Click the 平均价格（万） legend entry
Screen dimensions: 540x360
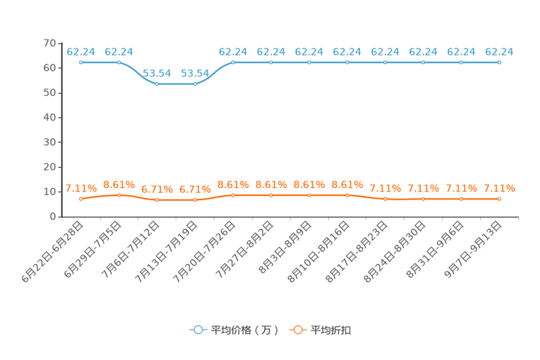click(x=234, y=330)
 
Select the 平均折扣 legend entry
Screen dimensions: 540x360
click(x=320, y=330)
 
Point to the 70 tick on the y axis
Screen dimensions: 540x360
click(x=49, y=43)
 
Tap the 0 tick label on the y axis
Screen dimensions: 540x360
click(x=53, y=216)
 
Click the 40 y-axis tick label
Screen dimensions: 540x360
click(x=49, y=118)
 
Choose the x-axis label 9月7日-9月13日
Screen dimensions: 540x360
click(x=472, y=250)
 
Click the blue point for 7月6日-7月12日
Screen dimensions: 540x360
click(x=157, y=83)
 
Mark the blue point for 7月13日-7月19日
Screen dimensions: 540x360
click(x=195, y=83)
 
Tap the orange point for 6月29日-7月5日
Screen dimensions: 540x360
click(x=119, y=195)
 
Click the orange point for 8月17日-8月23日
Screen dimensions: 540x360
click(x=385, y=199)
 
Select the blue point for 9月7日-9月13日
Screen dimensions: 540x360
click(x=499, y=62)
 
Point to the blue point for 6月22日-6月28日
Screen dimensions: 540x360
click(x=81, y=62)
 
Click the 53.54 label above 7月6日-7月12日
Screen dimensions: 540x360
click(x=157, y=73)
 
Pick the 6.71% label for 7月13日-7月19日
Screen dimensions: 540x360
click(x=195, y=189)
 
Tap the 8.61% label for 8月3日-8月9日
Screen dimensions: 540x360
click(x=309, y=184)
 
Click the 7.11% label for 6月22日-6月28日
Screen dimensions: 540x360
click(x=81, y=188)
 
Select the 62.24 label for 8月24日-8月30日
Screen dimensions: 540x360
click(x=423, y=52)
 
